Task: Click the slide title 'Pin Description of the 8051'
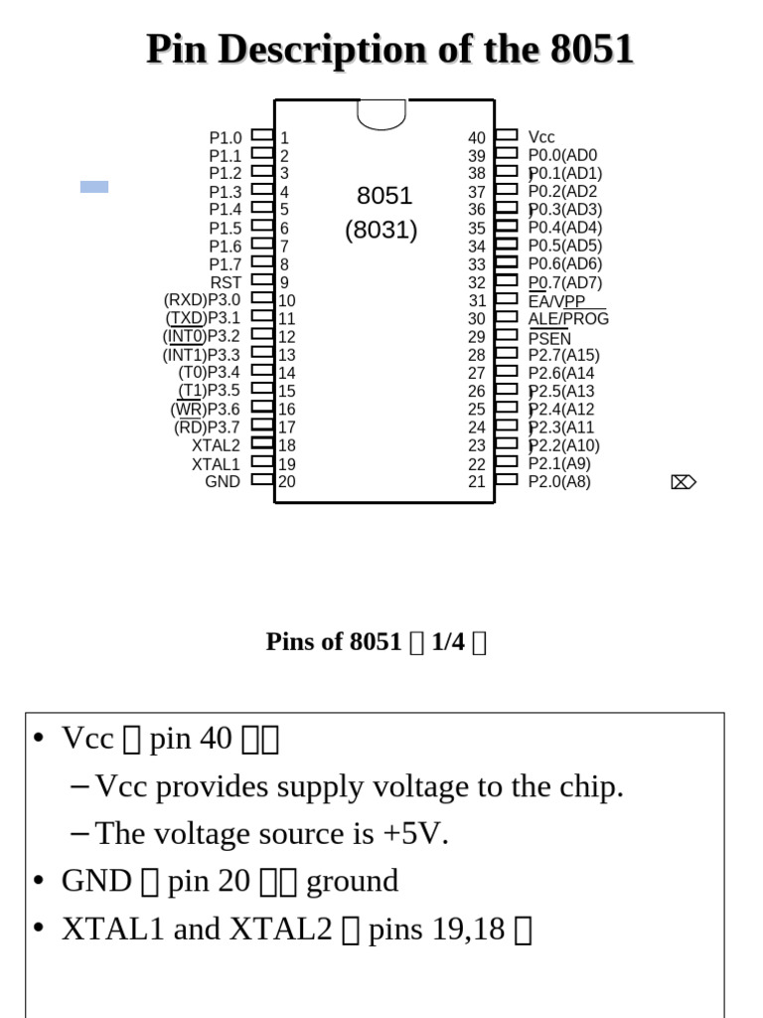point(389,49)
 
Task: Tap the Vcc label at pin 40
point(541,137)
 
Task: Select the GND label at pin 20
point(223,481)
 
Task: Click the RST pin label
point(226,282)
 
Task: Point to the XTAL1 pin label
point(217,463)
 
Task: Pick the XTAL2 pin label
point(217,445)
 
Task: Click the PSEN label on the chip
point(549,338)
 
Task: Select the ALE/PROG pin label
point(568,319)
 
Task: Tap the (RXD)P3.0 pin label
point(202,300)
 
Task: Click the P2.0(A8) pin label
point(559,482)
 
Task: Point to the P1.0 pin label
point(225,138)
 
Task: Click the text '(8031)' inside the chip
point(381,231)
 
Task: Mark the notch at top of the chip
point(381,114)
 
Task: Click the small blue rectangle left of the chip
point(94,186)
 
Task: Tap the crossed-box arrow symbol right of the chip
point(684,482)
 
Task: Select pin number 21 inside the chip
point(477,482)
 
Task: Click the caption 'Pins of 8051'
point(334,642)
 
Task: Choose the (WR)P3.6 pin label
point(205,410)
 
